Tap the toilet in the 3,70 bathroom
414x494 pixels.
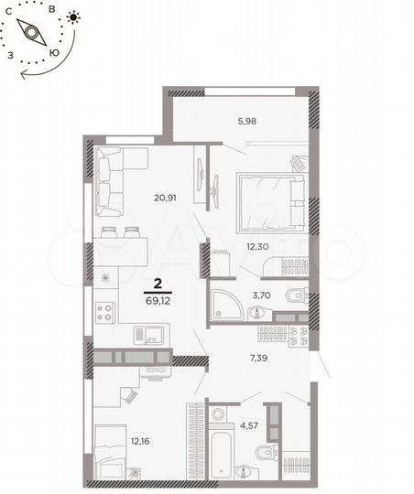tap(294, 297)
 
